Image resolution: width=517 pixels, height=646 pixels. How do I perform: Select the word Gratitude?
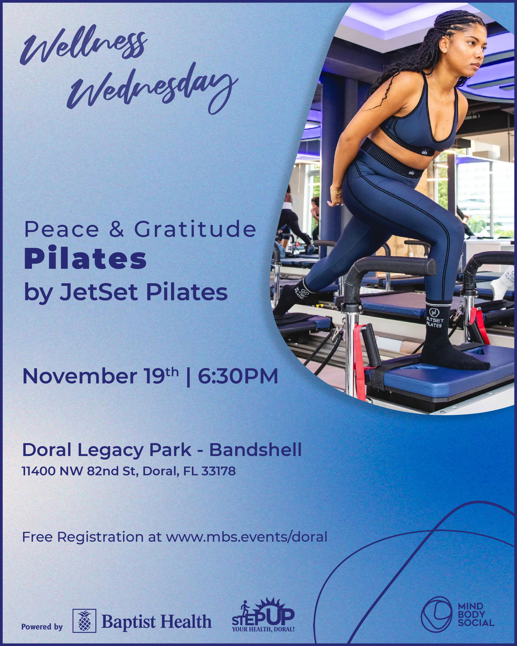tap(195, 229)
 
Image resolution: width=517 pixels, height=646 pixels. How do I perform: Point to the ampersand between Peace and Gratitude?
tap(116, 229)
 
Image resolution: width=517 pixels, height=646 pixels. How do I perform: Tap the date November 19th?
tap(100, 376)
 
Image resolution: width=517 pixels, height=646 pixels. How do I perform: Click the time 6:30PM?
tap(238, 376)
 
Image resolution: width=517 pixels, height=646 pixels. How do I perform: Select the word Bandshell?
tap(255, 450)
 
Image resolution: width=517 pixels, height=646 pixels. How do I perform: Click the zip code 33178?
tap(218, 471)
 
